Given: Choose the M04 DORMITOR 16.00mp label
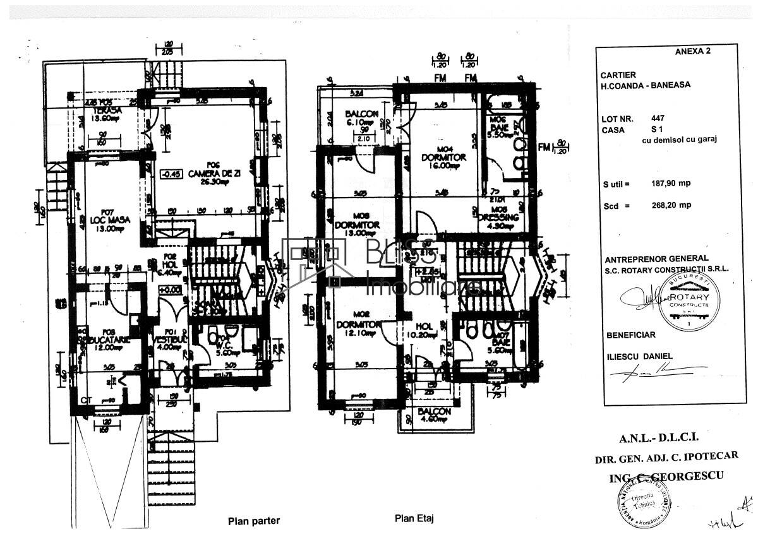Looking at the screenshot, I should (x=442, y=157).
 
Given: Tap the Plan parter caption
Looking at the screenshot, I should (x=253, y=521).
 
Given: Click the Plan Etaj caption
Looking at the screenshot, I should (x=414, y=519).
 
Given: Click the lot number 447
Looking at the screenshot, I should (x=657, y=118).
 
